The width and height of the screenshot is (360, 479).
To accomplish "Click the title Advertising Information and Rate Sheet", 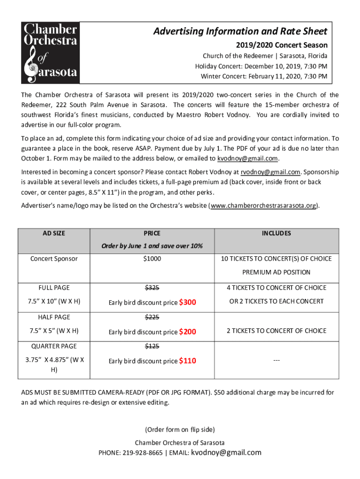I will coord(241,31).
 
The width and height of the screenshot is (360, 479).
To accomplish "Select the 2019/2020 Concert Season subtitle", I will coord(281,45).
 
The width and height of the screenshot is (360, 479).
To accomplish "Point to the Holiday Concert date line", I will coord(261,66).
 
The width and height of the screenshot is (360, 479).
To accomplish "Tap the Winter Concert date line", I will coord(264,76).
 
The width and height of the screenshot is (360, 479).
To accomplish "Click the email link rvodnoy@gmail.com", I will coord(270,172).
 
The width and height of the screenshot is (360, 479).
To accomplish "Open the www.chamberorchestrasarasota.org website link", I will coord(265,205).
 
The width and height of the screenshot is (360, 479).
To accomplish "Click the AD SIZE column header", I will coord(54,233).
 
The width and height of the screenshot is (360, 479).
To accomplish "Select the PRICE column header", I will coord(152,233).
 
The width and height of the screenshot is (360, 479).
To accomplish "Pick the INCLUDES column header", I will coord(276,233).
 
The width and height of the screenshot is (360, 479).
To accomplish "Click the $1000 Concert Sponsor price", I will coord(152,259).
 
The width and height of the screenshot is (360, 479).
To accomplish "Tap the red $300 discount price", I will coord(187,302).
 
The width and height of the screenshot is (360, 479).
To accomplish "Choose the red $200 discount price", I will coord(187,332).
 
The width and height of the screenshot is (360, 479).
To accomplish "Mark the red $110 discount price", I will coord(187,361).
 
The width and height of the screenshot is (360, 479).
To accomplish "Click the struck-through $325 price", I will coord(152,288).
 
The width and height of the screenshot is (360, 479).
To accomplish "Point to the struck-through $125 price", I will coord(152,346).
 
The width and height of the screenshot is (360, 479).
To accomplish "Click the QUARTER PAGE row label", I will coord(54,346).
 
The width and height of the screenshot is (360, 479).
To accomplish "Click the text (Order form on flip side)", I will coord(180,429).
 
